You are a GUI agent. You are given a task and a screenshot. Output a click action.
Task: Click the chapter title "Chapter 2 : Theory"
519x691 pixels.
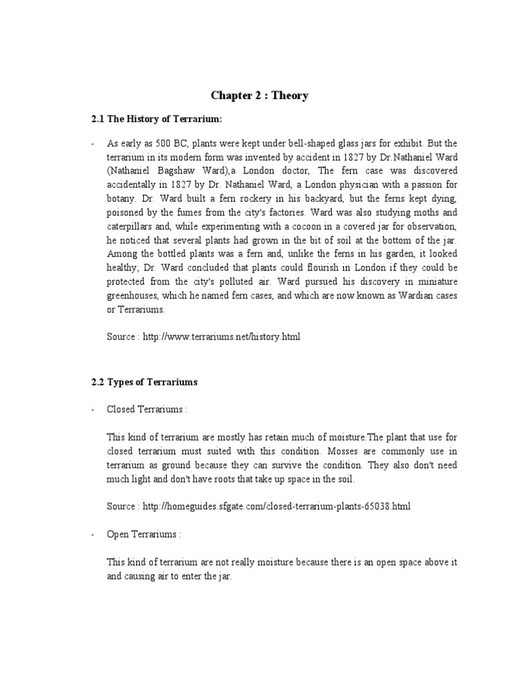(x=259, y=96)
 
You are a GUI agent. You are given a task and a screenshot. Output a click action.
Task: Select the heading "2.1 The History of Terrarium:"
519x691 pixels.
(x=156, y=119)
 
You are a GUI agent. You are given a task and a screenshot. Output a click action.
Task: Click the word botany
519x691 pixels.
(x=122, y=195)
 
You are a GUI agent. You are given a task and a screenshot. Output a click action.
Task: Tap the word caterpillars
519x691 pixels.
(x=133, y=221)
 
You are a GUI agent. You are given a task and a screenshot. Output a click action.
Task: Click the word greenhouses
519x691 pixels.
(x=134, y=298)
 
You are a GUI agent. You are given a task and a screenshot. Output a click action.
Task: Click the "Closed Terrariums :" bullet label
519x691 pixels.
(x=147, y=409)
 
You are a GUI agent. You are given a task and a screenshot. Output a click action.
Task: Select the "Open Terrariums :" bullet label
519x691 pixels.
(x=144, y=534)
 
